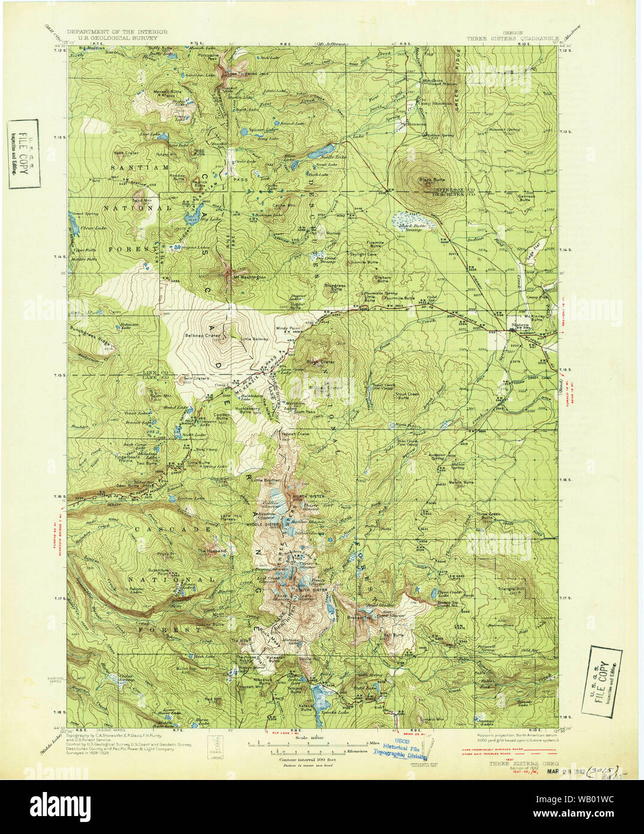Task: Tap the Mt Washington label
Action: click(245, 277)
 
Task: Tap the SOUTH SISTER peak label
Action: click(310, 590)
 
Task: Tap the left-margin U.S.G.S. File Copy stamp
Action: click(23, 154)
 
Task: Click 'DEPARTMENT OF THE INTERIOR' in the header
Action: click(117, 31)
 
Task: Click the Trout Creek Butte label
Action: click(408, 397)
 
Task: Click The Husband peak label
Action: click(213, 550)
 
